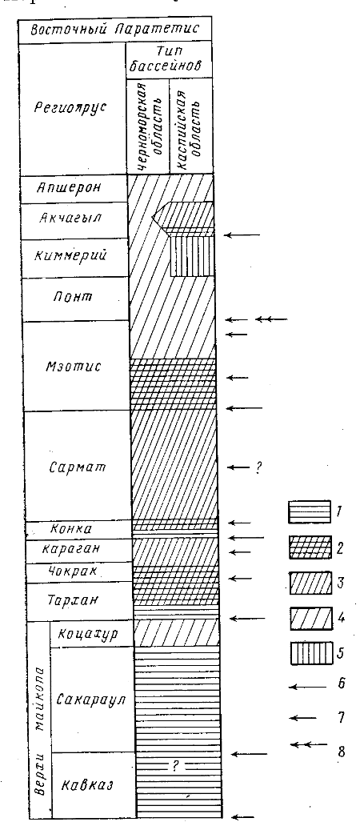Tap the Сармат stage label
point(77,468)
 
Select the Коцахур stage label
point(89,633)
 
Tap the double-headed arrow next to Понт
point(271,319)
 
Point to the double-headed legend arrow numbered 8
point(309,745)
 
